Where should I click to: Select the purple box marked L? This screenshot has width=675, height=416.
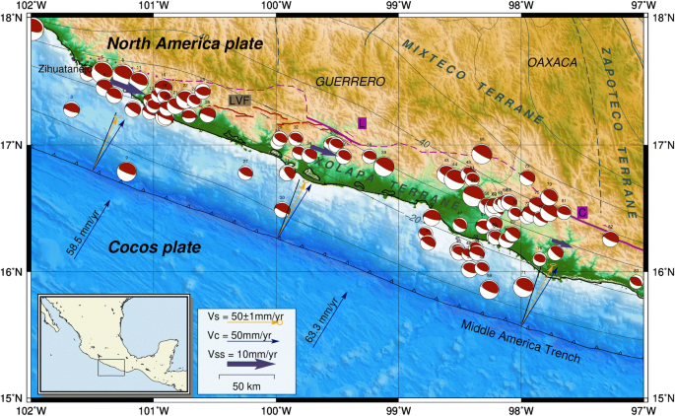(362, 122)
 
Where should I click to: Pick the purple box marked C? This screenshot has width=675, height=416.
(582, 211)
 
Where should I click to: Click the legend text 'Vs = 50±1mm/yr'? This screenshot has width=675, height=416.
(241, 314)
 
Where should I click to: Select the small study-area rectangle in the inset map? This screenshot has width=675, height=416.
(110, 367)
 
